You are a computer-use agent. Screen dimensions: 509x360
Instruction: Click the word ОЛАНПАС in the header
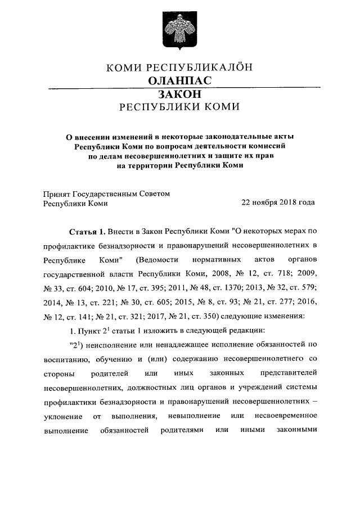pos(179,80)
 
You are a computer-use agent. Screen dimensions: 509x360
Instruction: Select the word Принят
pos(56,193)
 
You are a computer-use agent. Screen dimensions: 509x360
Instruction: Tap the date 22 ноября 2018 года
pos(278,203)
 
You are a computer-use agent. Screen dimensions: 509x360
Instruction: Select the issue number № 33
pos(53,289)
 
